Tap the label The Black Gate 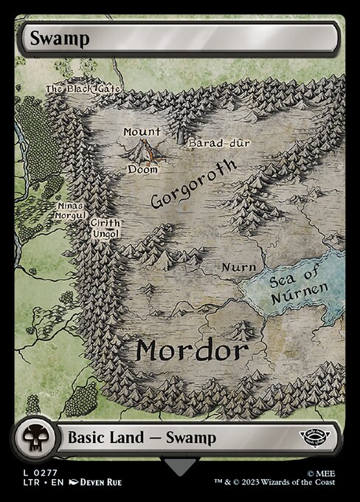pos(73,89)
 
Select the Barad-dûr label pos(212,142)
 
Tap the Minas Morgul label pos(71,210)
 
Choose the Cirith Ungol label pos(105,228)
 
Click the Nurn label pos(239,267)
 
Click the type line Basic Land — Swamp pos(142,438)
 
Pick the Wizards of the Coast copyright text pos(287,482)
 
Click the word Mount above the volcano pos(142,131)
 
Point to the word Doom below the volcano pos(142,169)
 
